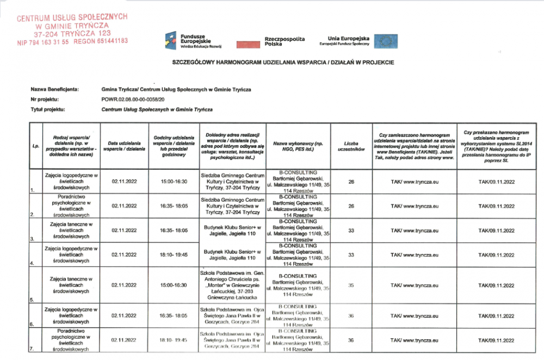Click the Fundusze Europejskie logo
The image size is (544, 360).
pyautogui.click(x=188, y=40)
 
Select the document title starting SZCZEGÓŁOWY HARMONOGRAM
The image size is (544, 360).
pyautogui.click(x=283, y=63)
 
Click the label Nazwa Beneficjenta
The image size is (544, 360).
pyautogui.click(x=55, y=89)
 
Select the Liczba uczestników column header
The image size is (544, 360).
pyautogui.click(x=351, y=146)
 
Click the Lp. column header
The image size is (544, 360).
pyautogui.click(x=35, y=146)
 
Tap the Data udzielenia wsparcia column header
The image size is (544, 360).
pyautogui.click(x=124, y=146)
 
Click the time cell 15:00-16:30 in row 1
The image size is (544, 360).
pyautogui.click(x=174, y=182)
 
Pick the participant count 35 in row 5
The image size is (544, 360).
pyautogui.click(x=351, y=285)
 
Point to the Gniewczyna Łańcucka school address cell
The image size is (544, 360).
pyautogui.click(x=232, y=285)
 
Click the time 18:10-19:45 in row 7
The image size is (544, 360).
pyautogui.click(x=174, y=340)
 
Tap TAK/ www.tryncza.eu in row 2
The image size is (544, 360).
pyautogui.click(x=415, y=206)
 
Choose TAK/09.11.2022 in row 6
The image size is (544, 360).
pyautogui.click(x=496, y=315)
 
